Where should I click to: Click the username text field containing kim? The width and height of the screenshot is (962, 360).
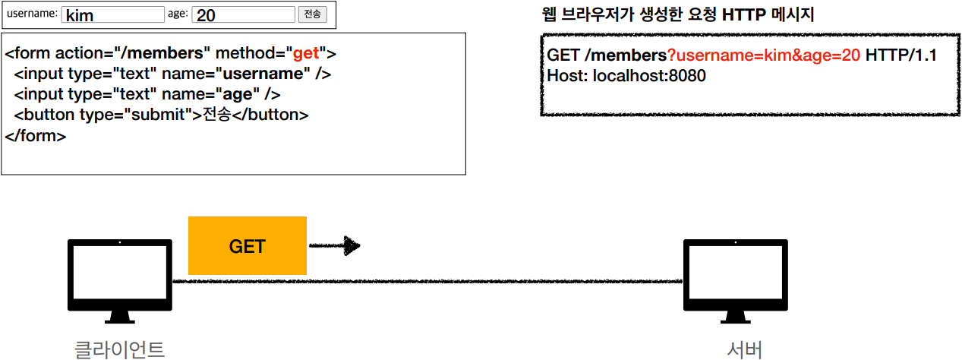113,14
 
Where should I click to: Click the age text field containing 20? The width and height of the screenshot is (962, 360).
243,14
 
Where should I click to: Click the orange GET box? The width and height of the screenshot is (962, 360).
247,245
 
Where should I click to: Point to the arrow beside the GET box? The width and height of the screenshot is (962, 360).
334,245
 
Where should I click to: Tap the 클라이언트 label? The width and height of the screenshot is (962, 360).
119,349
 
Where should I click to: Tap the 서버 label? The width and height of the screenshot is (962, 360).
744,349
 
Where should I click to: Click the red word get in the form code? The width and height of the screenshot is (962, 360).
306,53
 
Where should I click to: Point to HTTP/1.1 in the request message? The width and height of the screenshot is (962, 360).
900,56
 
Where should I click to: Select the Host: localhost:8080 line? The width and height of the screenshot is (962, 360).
626,76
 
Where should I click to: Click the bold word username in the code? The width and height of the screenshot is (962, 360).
262,74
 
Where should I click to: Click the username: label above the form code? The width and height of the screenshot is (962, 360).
32,13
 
